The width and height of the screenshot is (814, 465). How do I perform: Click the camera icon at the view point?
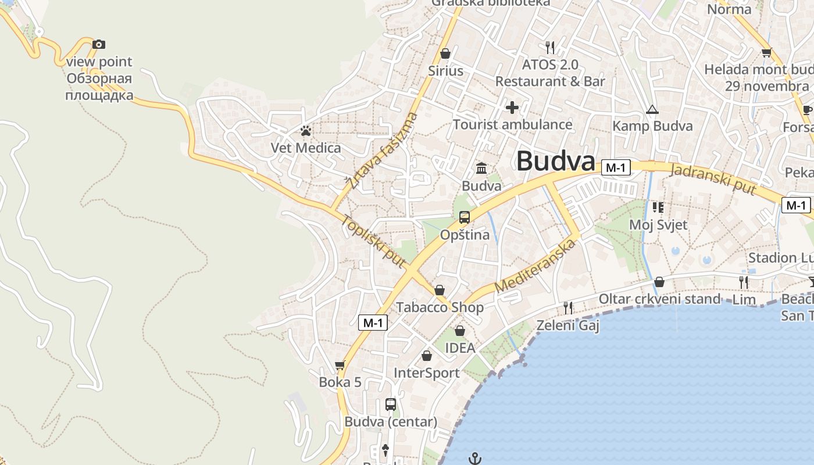99,44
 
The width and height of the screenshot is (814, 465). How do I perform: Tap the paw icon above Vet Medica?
306,131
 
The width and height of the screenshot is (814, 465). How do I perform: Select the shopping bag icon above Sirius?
445,53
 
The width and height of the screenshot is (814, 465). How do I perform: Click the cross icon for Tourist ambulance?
512,108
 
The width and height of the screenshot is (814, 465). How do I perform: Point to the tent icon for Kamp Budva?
652,110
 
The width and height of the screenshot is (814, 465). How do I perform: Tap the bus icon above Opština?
464,217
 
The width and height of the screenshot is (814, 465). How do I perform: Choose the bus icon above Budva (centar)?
391,405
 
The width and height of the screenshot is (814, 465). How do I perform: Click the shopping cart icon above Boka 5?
340,365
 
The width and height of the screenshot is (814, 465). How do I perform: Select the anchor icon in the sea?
475,459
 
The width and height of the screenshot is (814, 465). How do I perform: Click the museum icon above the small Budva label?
481,169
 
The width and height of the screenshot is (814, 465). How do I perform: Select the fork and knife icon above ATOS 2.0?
550,46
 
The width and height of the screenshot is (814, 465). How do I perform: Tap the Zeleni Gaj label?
567,325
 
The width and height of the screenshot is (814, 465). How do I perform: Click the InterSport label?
427,373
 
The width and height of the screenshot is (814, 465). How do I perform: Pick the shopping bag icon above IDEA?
459,331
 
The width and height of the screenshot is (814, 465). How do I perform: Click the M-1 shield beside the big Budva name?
616,167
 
